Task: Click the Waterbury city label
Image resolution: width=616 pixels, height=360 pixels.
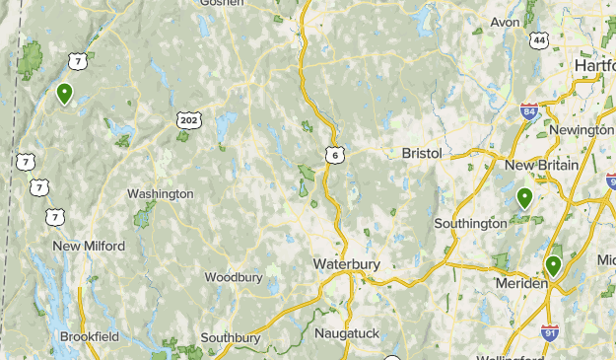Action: pos(347,264)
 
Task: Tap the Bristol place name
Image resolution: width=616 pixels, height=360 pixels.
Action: pos(422,154)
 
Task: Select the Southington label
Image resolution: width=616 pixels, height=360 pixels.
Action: pos(471,224)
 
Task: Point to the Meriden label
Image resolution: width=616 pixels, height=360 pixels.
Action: pos(520,284)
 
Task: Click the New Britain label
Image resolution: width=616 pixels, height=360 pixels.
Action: pos(541,166)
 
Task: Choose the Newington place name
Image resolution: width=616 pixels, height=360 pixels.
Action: pos(582,130)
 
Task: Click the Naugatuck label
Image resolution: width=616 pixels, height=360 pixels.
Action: pos(347,333)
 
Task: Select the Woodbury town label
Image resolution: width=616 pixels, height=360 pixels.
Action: pos(234,277)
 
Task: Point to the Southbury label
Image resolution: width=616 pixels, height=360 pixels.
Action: pos(230,337)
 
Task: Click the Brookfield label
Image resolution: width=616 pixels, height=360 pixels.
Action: pos(90,336)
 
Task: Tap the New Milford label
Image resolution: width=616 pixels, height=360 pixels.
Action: pos(89,246)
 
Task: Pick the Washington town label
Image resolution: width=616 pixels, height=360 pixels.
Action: pos(161,194)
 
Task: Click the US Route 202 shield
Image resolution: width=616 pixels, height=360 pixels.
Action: pos(187,119)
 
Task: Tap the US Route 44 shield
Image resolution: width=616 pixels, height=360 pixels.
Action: pos(537,40)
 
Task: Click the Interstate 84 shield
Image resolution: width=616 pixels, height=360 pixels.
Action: pos(529,110)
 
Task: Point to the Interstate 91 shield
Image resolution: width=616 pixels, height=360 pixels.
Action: pos(549,334)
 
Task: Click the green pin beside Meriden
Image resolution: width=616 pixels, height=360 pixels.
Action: pos(554,265)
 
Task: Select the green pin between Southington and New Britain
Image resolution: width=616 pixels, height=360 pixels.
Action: pos(525,198)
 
